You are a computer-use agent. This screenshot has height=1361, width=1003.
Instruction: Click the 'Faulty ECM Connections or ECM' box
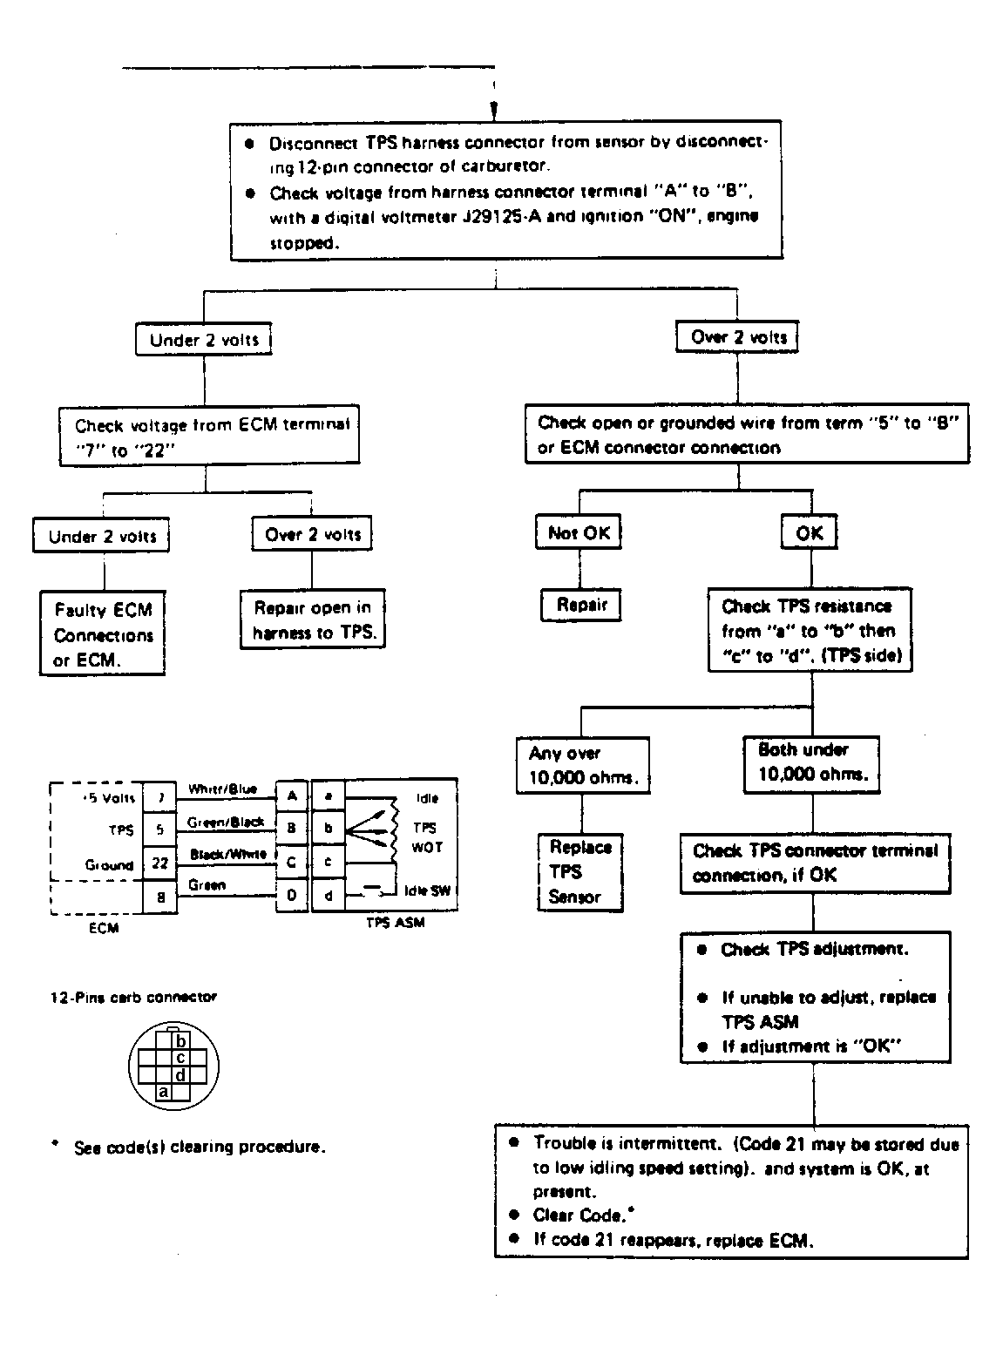point(103,634)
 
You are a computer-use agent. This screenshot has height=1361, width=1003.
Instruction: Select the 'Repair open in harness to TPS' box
point(313,620)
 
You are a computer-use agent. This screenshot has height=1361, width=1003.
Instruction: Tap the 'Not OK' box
point(579,533)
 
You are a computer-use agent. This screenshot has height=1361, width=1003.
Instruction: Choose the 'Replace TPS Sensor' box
point(580,871)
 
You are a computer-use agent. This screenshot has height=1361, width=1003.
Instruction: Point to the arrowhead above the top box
point(494,112)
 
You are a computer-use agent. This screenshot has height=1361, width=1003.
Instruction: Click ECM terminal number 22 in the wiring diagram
point(160,863)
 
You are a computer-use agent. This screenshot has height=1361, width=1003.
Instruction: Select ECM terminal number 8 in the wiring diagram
point(160,896)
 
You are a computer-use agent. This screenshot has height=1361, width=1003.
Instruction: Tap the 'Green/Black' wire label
point(226,822)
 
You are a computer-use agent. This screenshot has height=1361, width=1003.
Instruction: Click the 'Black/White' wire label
point(227,854)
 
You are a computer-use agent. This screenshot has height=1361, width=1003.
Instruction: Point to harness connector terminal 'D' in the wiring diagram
point(292,895)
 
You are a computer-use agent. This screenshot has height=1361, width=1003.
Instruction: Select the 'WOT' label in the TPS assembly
point(422,847)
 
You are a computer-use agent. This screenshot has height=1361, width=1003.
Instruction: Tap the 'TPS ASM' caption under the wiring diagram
point(395,923)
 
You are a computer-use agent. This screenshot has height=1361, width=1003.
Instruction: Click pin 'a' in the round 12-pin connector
point(162,1091)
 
